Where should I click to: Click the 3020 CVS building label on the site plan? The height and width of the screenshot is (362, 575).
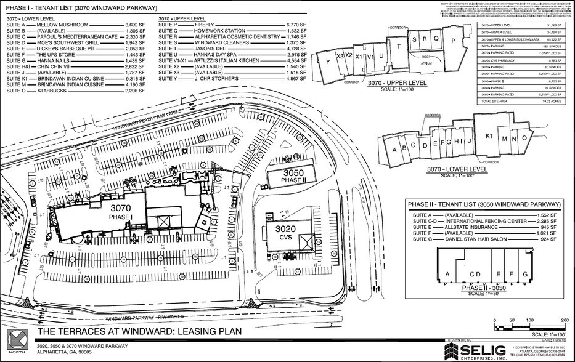pyautogui.click(x=277, y=232)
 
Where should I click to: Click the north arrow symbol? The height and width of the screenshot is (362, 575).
pyautogui.click(x=16, y=339)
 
